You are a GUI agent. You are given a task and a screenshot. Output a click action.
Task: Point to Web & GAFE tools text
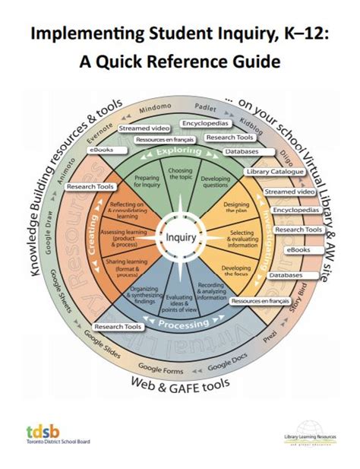click(180, 382)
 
